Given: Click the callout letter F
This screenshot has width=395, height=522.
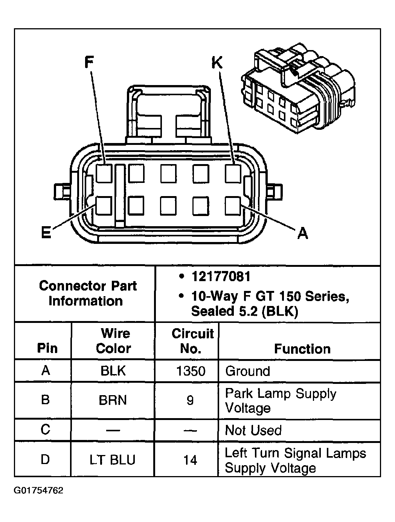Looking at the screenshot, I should tap(88, 62).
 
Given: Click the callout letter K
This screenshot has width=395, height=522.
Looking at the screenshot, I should tap(217, 62).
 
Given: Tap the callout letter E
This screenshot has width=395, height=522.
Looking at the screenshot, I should tap(46, 233).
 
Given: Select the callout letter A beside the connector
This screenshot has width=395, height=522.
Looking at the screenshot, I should tap(302, 233).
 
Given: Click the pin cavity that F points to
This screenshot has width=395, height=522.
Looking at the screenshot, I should tap(104, 173).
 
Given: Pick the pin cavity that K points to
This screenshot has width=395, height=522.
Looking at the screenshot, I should tap(233, 173).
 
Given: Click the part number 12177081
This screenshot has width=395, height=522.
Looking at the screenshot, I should tap(221, 277).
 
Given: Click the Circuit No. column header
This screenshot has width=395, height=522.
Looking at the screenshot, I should tap(192, 341).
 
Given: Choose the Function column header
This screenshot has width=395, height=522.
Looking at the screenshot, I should tap(302, 349).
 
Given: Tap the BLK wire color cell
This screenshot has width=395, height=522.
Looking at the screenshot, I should tap(113, 371).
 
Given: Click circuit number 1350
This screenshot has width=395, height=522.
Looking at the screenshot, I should tap(191, 371).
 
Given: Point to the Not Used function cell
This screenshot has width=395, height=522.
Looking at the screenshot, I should tap(253, 430).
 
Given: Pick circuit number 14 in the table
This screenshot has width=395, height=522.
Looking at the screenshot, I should tap(190, 460).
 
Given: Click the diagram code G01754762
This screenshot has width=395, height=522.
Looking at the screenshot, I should tap(39, 491).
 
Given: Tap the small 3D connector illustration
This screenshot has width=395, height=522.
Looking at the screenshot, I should tap(297, 90).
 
